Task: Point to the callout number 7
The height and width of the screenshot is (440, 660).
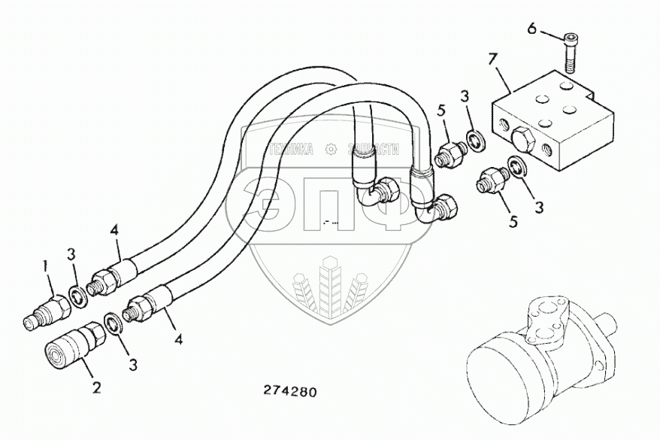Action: pyautogui.click(x=493, y=58)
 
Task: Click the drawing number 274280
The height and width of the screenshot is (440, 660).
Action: pyautogui.click(x=290, y=392)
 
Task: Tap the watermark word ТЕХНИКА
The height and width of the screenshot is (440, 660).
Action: pyautogui.click(x=290, y=150)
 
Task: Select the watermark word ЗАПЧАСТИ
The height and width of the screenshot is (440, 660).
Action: pyautogui.click(x=372, y=150)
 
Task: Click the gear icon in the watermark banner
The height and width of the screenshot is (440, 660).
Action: pyautogui.click(x=329, y=150)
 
